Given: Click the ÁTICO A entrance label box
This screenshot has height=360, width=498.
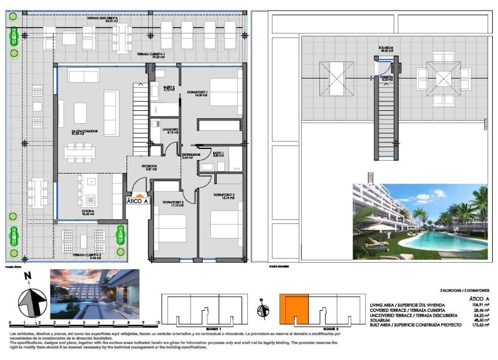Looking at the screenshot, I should (x=139, y=201).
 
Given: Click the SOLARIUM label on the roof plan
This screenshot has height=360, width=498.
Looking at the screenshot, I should (x=385, y=49).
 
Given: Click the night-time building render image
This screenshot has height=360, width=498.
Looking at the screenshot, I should (x=95, y=293).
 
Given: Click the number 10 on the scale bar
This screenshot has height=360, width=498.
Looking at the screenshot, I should (x=159, y=323).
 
